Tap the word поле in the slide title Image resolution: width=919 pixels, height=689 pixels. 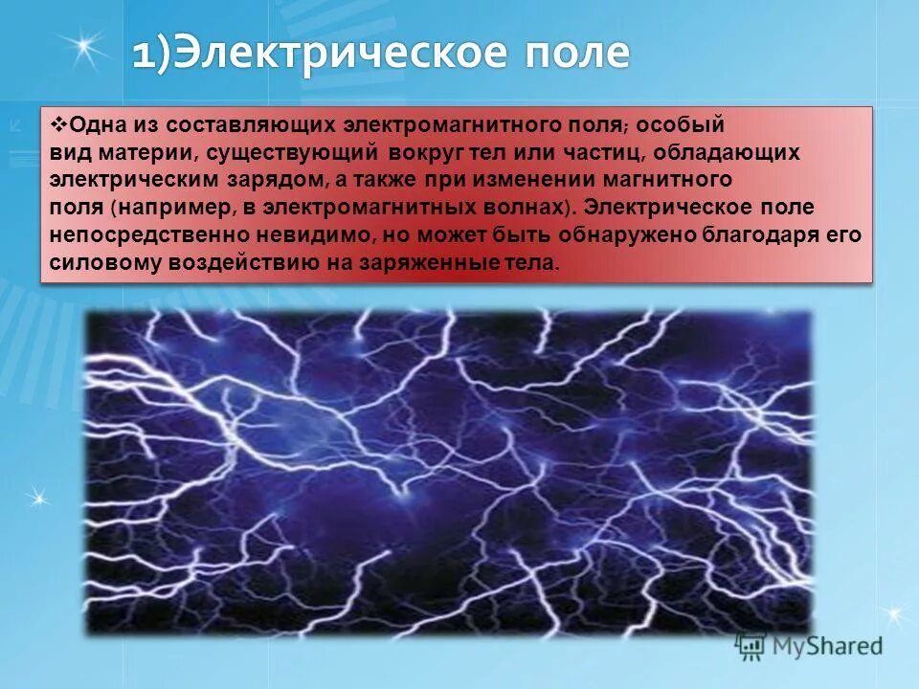click(x=572, y=53)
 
